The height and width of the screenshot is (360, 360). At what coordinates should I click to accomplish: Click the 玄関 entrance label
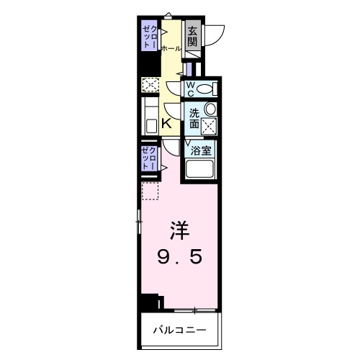tap(192, 37)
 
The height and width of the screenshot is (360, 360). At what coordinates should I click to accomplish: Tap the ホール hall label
tap(171, 48)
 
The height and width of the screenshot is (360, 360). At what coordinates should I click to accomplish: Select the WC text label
tap(191, 89)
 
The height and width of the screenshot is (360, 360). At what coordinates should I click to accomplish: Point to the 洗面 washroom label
tap(194, 118)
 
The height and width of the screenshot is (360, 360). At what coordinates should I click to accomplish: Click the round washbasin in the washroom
tap(210, 109)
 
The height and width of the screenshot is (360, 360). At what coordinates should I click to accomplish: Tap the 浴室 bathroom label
tap(201, 150)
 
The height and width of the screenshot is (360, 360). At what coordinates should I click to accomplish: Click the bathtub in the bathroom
tap(201, 171)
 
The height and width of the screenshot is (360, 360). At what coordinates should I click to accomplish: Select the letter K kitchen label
tap(166, 124)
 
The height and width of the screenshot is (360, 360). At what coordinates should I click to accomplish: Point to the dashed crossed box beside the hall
tap(150, 86)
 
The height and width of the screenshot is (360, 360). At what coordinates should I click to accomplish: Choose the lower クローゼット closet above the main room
tap(149, 158)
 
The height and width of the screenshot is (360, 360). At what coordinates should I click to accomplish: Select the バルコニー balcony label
tap(179, 330)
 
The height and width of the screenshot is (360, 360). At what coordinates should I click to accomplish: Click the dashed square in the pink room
tap(150, 192)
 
